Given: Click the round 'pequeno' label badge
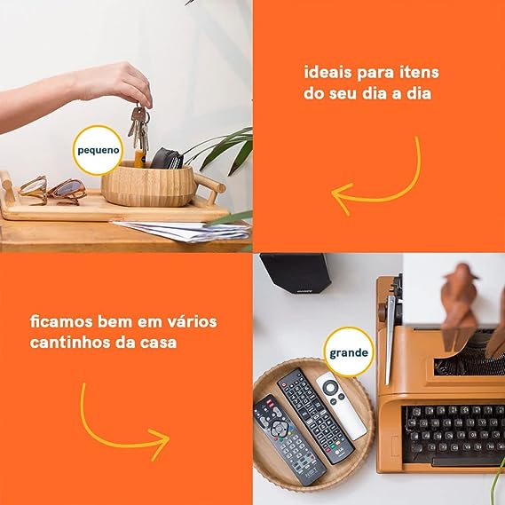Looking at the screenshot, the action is coord(99,150).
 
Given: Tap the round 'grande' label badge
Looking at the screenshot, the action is coord(349,352).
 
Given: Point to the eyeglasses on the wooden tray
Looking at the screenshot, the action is coord(52,191).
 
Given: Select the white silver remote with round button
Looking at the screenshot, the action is coord(341,406).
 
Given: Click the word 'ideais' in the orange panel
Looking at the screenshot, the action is coord(327,72).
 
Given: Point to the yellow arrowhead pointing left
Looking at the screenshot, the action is coord(342,197).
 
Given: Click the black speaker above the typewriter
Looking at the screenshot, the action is coord(296,273).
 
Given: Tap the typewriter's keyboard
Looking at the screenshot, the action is coord(453,431).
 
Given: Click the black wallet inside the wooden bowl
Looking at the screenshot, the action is coord(167,159).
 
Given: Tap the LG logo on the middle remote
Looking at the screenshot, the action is coord(338,453).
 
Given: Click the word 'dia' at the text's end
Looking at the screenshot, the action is coord(419,93).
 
